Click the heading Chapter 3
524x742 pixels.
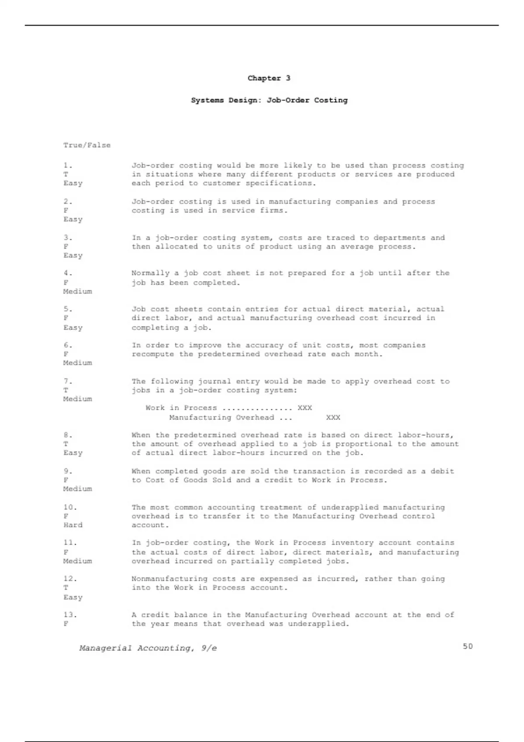tap(269, 78)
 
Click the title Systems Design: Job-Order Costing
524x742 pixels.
tap(269, 100)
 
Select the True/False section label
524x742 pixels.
tap(87, 145)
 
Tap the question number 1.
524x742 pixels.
tap(68, 165)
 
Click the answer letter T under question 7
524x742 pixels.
tap(66, 390)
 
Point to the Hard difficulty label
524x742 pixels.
tap(73, 525)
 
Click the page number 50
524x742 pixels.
tap(468, 646)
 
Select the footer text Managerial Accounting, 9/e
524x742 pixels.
tap(148, 648)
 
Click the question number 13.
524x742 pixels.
tap(70, 615)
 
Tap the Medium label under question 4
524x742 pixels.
tap(77, 291)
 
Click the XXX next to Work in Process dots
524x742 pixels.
tap(305, 408)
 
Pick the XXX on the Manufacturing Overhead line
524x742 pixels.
tap(333, 417)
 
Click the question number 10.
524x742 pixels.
tap(70, 507)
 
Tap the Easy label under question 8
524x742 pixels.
tap(73, 453)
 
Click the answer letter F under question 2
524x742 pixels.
tap(66, 210)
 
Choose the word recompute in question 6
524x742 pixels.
tap(153, 354)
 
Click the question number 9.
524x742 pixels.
tap(68, 471)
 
